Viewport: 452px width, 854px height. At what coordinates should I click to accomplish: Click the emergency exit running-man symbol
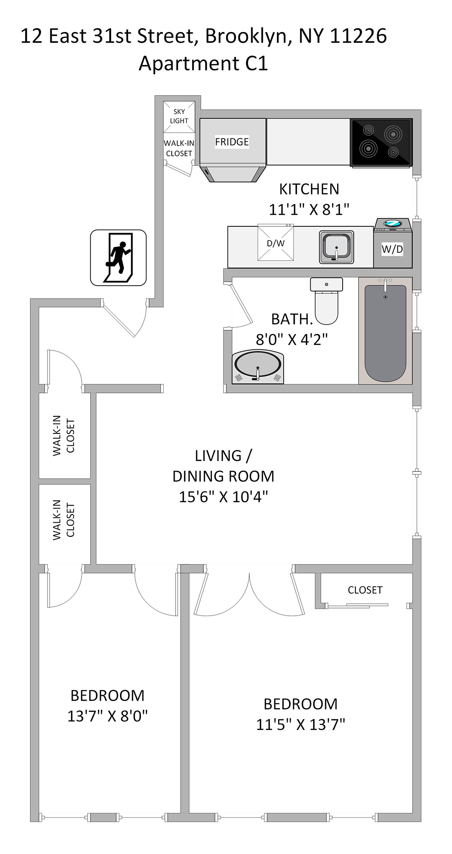[x=118, y=257]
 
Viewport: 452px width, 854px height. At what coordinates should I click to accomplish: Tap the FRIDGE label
[x=232, y=142]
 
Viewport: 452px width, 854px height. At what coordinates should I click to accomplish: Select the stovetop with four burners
[x=381, y=142]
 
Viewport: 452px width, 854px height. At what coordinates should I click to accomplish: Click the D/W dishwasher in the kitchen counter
[x=276, y=243]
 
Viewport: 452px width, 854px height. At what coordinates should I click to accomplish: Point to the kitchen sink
[x=337, y=247]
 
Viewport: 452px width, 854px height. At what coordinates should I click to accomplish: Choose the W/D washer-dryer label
[x=392, y=249]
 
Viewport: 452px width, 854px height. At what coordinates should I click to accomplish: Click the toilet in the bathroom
[x=326, y=301]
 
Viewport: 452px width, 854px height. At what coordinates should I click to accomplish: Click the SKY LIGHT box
[x=179, y=117]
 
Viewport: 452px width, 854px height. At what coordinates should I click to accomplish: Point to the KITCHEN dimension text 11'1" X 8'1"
[x=309, y=210]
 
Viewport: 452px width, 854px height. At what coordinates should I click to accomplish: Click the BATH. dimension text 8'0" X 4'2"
[x=292, y=339]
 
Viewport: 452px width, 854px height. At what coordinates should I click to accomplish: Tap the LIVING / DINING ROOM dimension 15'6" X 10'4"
[x=223, y=497]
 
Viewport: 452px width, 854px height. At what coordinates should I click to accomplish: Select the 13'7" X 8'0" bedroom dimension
[x=108, y=716]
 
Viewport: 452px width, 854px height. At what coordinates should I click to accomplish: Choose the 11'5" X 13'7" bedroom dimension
[x=301, y=724]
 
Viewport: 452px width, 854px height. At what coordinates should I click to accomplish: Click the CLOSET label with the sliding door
[x=365, y=590]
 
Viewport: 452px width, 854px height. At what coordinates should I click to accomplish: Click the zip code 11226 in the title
[x=358, y=36]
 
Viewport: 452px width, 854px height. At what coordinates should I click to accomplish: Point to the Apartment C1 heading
[x=203, y=64]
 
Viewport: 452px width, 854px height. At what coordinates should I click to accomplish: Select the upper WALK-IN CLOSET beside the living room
[x=64, y=436]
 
